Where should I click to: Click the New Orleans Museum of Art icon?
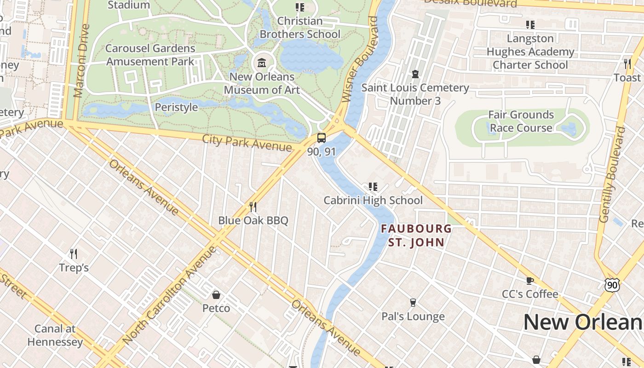[262, 63]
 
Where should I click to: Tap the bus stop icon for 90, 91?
[322, 138]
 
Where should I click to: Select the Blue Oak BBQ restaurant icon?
[253, 207]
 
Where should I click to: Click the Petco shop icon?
[216, 294]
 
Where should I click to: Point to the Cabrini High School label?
[373, 201]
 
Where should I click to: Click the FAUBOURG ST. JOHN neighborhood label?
[416, 235]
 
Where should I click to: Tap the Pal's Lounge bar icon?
[413, 303]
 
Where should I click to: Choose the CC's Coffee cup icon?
[530, 280]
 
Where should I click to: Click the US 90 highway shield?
[612, 285]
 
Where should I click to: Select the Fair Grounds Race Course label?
[521, 121]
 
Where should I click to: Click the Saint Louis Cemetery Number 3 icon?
[415, 74]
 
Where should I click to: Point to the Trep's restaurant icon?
[73, 253]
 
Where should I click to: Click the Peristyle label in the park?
[176, 107]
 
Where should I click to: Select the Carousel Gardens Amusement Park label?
[150, 55]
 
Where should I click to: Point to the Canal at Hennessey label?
[55, 335]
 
